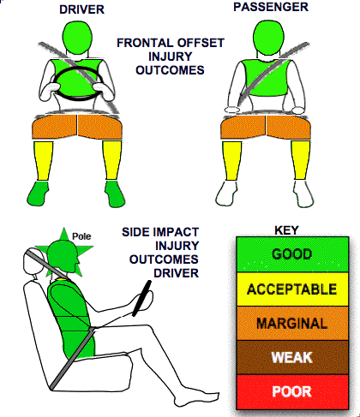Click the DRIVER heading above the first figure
(81, 9)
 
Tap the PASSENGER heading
(271, 7)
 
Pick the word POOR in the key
(291, 391)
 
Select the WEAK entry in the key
(292, 357)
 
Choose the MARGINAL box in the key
(292, 324)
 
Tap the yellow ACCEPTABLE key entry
(292, 289)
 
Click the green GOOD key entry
(292, 254)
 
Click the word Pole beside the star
(81, 236)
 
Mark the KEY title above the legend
(286, 230)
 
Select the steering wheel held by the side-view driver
(141, 299)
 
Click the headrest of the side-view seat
(34, 261)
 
